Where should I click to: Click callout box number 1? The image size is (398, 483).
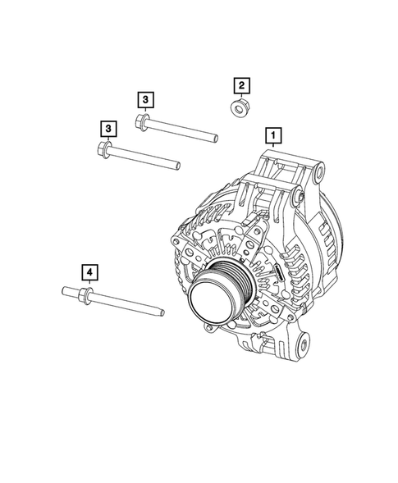point(274,134)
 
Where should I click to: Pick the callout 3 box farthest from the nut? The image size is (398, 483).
point(108,128)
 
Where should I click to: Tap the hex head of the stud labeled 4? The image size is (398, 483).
point(85,291)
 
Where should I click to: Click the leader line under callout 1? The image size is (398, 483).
point(274,146)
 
